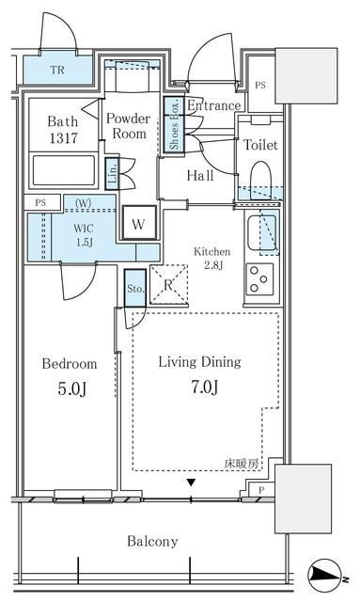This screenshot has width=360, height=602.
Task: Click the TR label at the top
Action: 57,70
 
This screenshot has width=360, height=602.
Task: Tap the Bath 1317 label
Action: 63,130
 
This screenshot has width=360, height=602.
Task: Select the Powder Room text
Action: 129,126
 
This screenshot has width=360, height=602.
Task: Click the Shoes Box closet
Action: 174,125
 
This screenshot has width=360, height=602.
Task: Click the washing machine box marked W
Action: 139,223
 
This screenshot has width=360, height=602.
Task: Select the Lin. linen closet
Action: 113,174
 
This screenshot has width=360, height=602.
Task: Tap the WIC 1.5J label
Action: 84,235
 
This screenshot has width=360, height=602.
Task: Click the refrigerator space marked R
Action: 168,284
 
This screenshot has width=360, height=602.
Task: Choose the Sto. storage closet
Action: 135,288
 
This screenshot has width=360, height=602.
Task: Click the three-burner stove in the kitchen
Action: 259,279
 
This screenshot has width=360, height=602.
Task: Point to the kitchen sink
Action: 261,232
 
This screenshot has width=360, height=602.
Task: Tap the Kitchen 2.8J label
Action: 212,258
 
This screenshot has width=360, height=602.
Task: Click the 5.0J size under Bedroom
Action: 71,388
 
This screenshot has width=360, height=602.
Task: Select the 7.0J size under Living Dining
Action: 205,387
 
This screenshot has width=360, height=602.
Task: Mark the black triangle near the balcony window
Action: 191,483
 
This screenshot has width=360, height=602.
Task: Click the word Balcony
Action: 152,542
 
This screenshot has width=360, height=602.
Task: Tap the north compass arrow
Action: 325,575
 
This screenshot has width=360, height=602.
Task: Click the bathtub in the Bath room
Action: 64,170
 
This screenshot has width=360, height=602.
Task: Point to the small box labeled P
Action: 261,490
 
